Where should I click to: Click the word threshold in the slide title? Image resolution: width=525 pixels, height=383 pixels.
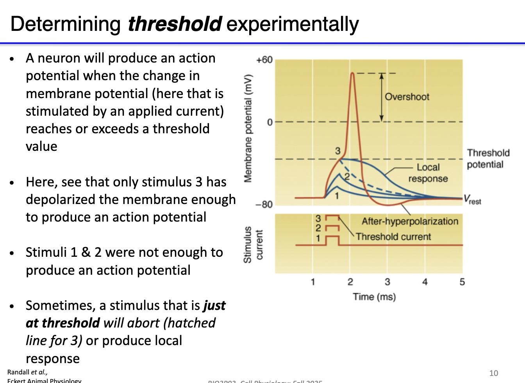175,24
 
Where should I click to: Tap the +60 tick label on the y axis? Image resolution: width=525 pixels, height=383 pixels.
264,60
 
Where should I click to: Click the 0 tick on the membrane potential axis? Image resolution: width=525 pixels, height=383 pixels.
270,122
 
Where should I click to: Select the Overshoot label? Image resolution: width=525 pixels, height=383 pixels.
407,97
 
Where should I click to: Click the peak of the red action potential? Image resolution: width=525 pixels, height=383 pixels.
353,73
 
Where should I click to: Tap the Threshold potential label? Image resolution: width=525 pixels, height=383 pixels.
488,158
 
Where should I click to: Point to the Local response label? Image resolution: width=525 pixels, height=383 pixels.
428,173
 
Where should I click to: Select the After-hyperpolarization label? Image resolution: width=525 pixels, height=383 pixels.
409,221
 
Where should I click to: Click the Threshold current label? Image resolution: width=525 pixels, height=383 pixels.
393,237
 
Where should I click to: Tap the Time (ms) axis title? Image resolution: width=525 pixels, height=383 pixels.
374,297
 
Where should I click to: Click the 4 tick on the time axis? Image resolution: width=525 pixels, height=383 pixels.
425,282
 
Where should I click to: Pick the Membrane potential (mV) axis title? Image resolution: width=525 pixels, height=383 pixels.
248,128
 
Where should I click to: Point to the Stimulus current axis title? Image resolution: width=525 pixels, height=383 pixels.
253,245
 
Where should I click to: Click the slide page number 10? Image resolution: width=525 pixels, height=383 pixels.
493,373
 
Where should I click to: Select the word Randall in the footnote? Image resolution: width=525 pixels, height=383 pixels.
18,372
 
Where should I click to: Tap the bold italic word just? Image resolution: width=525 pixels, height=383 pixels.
214,305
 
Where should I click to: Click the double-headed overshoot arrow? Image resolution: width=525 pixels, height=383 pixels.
382,97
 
